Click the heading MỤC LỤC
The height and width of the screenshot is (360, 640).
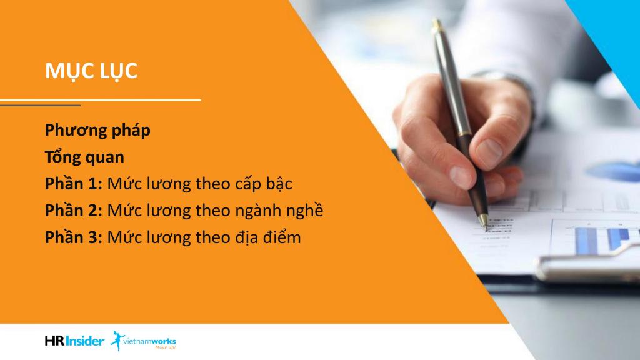coord(91,71)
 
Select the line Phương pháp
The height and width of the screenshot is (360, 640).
coord(97,131)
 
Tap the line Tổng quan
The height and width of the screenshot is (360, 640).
coord(84,157)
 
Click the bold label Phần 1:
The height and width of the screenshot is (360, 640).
coord(74,184)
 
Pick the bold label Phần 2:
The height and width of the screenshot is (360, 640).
coord(74,211)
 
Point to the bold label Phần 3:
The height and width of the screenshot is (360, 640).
coord(74,237)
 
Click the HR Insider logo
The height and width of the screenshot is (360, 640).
coord(75,341)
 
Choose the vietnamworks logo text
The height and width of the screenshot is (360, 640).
coord(149,341)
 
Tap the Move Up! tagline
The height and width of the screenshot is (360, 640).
coord(165,347)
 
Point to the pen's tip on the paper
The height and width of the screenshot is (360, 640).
coord(484,226)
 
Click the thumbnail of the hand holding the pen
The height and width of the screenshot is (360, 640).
coord(462,139)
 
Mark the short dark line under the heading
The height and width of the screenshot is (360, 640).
coord(41,105)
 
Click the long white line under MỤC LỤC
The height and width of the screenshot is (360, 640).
coord(101,99)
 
